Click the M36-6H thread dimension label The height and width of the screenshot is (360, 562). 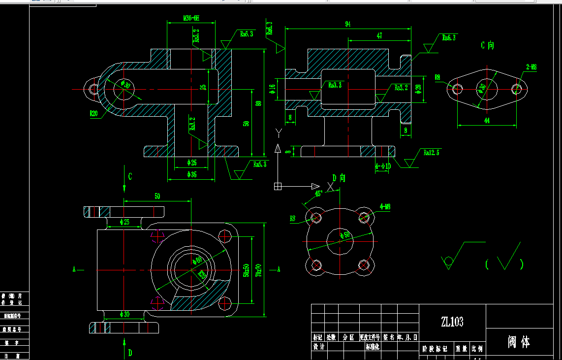click(191, 18)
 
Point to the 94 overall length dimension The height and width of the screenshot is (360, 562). click(348, 24)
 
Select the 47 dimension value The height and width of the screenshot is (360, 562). click(379, 36)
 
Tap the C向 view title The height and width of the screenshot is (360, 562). click(487, 46)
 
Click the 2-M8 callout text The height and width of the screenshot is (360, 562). click(531, 67)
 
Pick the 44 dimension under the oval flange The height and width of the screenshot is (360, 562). click(487, 120)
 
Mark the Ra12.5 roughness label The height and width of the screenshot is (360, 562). click(431, 153)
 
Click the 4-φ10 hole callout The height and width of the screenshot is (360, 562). click(383, 166)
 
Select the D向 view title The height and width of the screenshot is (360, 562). click(340, 178)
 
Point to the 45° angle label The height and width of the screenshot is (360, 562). click(318, 194)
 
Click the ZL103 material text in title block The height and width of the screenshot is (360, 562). click(452, 322)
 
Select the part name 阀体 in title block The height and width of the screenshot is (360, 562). click(519, 342)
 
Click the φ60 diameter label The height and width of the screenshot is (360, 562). click(198, 260)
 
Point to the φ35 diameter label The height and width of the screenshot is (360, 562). click(192, 174)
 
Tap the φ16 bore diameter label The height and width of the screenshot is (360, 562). click(272, 89)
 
